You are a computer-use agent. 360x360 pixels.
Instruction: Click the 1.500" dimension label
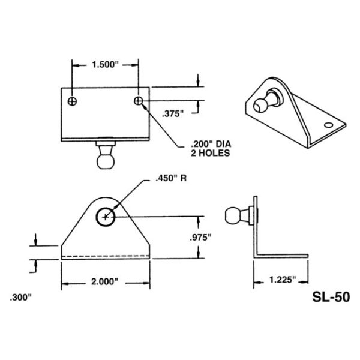[105, 64]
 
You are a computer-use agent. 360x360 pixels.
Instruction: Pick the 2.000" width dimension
[104, 281]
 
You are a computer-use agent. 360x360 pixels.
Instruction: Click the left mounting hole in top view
[72, 100]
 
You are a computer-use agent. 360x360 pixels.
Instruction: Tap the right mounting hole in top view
[139, 100]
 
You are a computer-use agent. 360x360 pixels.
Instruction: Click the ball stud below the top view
[106, 158]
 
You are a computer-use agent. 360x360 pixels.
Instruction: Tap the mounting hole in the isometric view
[328, 126]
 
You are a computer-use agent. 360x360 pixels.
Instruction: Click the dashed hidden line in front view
[105, 257]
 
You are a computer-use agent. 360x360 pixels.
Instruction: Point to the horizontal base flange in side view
[282, 256]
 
